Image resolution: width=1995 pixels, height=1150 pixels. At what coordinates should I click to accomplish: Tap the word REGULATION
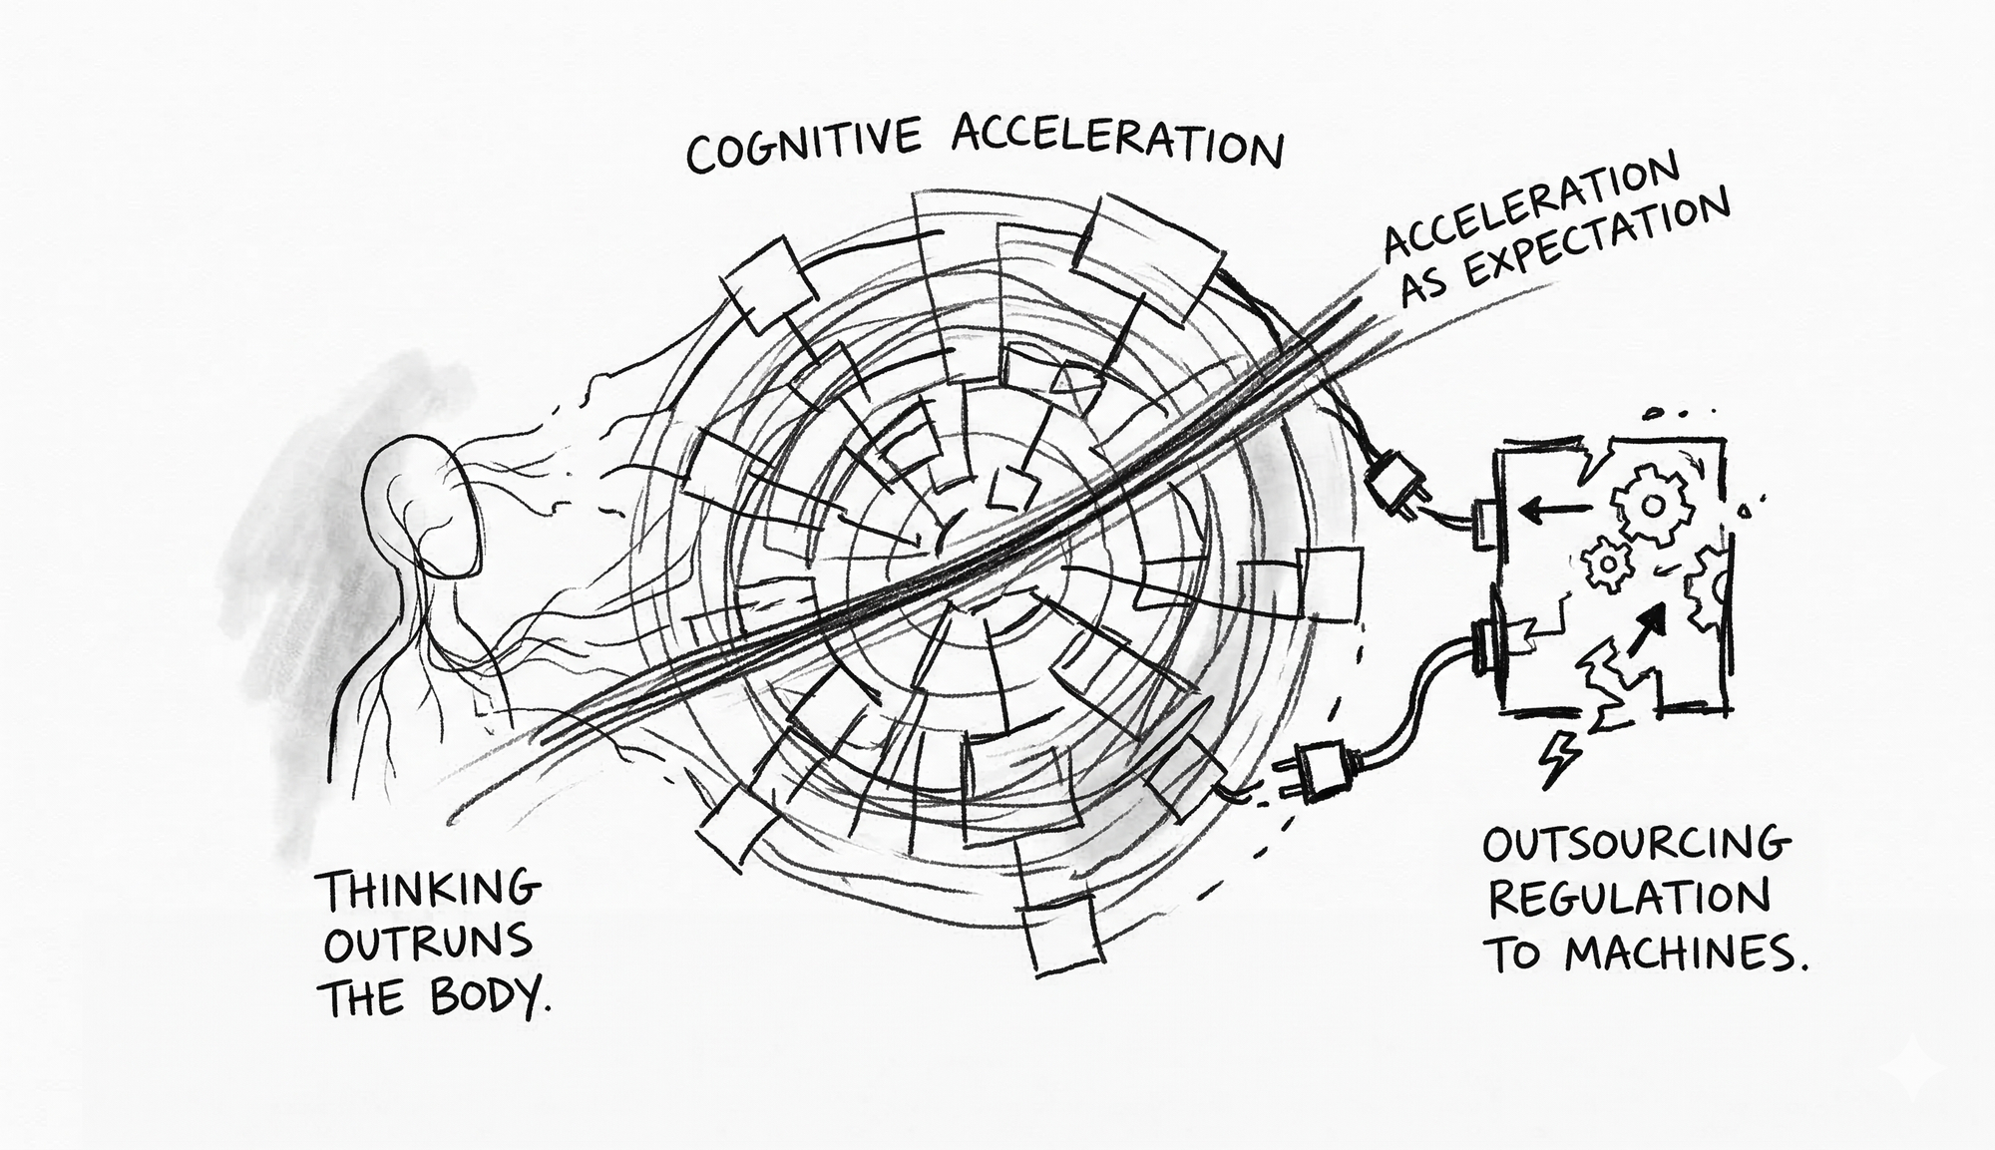[x=1629, y=900]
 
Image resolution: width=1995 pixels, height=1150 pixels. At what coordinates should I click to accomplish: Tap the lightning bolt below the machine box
[x=1557, y=759]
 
